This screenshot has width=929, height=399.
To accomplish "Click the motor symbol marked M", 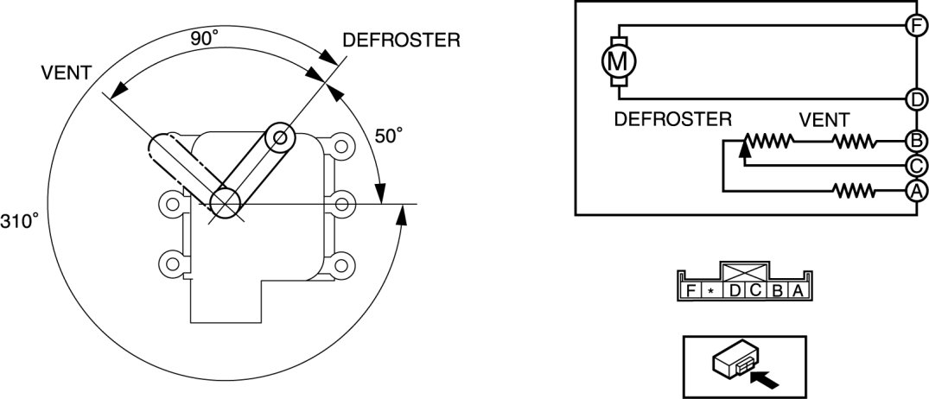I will click(x=617, y=61).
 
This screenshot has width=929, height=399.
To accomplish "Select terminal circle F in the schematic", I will click(x=916, y=24).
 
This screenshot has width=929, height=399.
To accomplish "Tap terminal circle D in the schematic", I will click(x=916, y=99).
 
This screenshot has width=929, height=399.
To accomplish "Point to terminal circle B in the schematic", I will click(x=916, y=140).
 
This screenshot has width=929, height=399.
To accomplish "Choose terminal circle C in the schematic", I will click(x=916, y=165).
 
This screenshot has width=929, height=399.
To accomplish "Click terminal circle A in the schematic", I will click(x=916, y=190).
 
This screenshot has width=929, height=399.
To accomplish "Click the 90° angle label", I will click(x=204, y=39).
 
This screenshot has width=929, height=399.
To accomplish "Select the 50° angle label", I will click(x=389, y=136).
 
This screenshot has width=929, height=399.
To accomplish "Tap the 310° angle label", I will click(x=20, y=221).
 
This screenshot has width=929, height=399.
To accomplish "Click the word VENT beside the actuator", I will click(x=66, y=73).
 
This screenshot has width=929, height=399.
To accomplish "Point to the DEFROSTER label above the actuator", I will click(x=401, y=41).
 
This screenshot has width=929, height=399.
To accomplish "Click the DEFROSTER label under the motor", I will click(x=672, y=118).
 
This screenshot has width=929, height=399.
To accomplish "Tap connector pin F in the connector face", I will click(x=691, y=291).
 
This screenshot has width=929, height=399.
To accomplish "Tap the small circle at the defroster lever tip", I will click(x=280, y=136).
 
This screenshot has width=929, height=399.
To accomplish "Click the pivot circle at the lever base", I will click(x=225, y=202).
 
